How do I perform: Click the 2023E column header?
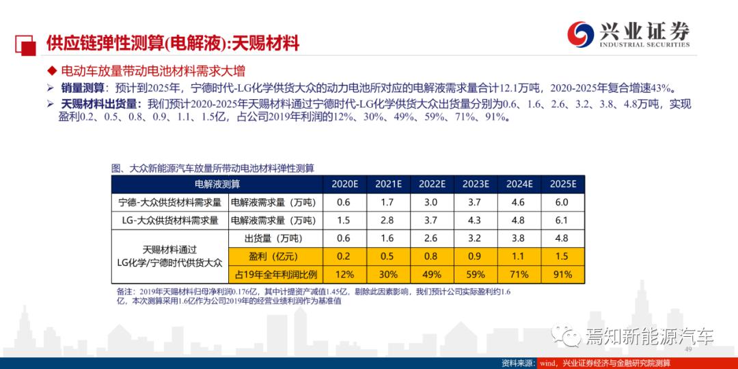tap(476, 184)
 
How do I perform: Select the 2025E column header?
tap(563, 184)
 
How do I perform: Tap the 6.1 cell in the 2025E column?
tap(563, 221)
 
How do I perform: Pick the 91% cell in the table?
tap(563, 275)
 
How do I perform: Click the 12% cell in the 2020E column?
tap(344, 275)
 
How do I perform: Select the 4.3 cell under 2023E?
tap(476, 221)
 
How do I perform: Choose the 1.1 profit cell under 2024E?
tap(519, 257)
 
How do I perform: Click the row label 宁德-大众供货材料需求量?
tap(169, 202)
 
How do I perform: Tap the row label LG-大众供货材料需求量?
tap(169, 221)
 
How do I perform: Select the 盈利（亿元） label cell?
tap(273, 257)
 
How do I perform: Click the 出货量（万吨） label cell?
tap(273, 238)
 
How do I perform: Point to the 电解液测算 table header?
tap(217, 184)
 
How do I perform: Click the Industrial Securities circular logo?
tap(582, 33)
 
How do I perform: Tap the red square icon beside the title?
tap(25, 43)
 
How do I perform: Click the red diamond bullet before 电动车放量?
tap(51, 71)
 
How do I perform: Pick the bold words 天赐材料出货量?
tap(98, 104)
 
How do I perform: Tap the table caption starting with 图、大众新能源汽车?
tap(217, 167)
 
